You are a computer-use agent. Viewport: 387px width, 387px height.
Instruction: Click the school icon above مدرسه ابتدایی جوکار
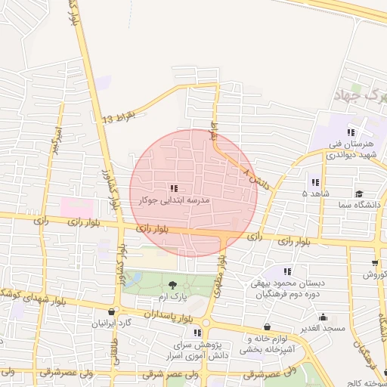click(x=174, y=187)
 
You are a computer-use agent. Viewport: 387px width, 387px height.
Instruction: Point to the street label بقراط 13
click(x=119, y=118)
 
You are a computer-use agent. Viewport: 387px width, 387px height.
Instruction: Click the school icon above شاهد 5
click(x=314, y=182)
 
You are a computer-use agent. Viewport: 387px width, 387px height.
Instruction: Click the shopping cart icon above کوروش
click(x=375, y=263)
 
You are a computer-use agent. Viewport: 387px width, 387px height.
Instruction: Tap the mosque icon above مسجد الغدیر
click(x=324, y=317)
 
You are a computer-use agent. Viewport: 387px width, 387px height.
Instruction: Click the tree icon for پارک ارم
click(x=174, y=285)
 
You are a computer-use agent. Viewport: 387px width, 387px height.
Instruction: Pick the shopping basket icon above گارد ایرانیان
click(x=113, y=311)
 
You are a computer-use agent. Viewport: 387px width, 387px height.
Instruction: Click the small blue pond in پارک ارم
click(x=133, y=280)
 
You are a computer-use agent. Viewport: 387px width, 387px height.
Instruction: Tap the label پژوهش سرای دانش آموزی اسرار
click(x=197, y=348)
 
